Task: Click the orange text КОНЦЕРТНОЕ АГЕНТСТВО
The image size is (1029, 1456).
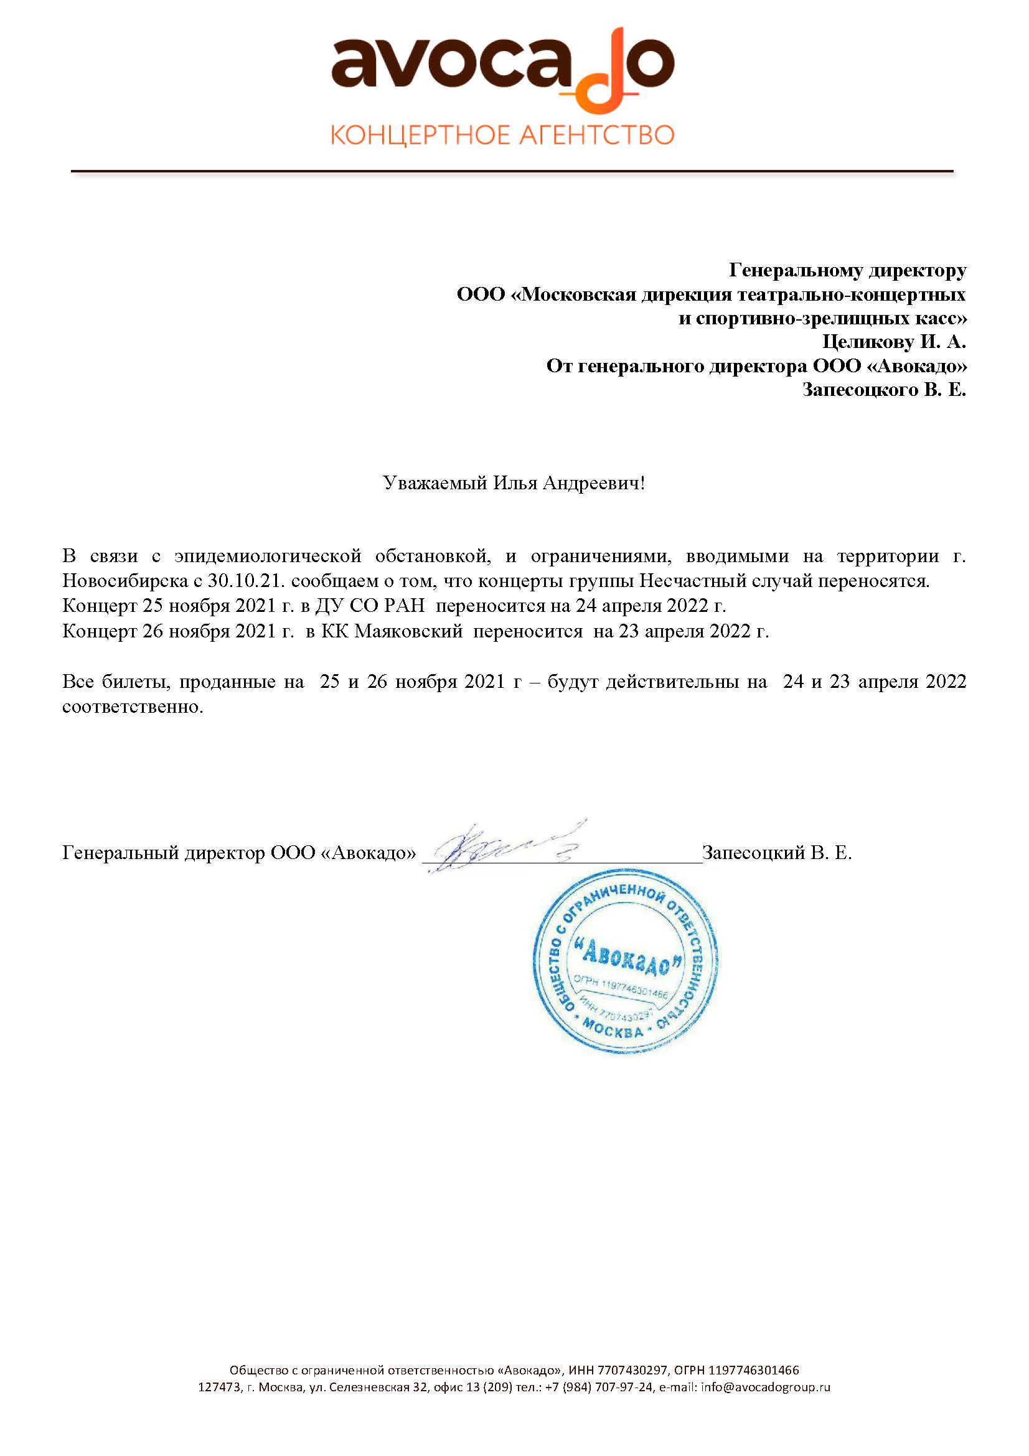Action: (x=502, y=136)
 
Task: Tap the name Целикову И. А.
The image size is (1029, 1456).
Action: (x=894, y=342)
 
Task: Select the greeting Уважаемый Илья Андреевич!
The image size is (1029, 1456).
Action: (x=514, y=484)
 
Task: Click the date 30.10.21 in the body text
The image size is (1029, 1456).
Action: (x=243, y=581)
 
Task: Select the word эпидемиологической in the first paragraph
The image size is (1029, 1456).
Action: (x=268, y=556)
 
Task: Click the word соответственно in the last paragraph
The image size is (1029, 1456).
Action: (x=133, y=707)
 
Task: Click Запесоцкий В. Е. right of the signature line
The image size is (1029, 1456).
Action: (x=777, y=853)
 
